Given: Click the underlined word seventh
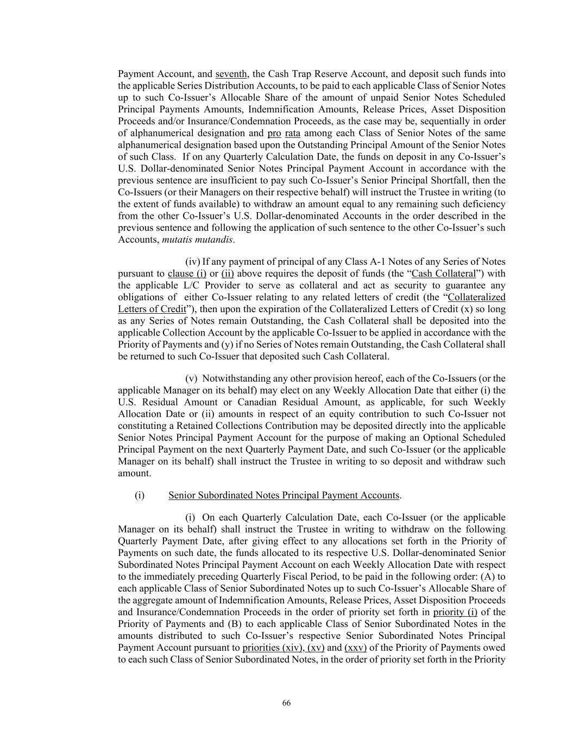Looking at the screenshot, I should coord(231,74).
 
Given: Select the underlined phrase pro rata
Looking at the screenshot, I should coord(284,133).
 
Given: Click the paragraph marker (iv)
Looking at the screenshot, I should coord(193,262).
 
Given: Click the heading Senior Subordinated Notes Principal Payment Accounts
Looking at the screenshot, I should coord(284,495).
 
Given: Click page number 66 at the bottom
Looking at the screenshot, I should coord(286,703).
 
